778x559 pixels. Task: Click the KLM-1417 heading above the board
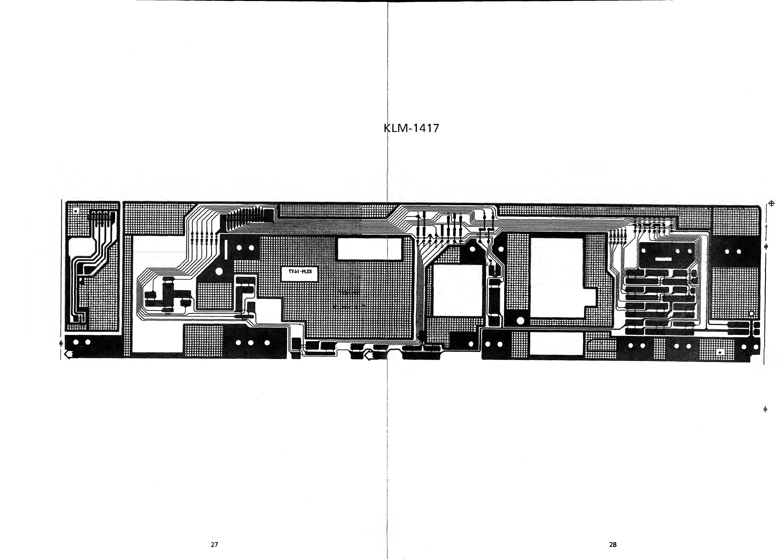point(411,128)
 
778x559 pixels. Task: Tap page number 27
point(214,544)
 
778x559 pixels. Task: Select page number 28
point(613,544)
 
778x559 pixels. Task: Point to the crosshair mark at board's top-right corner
point(771,203)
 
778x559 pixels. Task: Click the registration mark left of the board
point(61,343)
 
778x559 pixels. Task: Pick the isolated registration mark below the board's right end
point(765,409)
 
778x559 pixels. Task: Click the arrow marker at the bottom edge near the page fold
point(369,356)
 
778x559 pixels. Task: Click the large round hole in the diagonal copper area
point(218,272)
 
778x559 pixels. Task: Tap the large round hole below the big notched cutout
point(520,321)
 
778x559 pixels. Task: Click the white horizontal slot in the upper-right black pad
point(663,259)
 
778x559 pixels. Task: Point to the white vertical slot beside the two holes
point(226,249)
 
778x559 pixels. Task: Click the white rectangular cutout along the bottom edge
point(556,344)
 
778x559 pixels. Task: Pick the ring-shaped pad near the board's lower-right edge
point(751,314)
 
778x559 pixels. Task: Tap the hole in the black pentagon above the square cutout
point(472,249)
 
